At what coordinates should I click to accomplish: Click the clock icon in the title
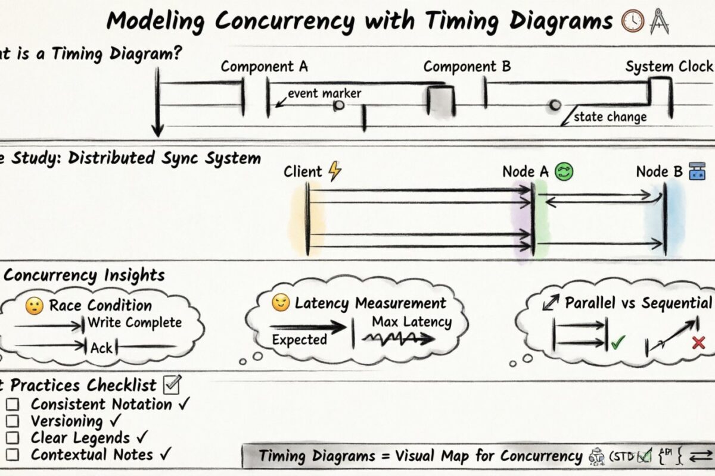(631, 21)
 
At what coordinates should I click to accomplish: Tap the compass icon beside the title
(659, 21)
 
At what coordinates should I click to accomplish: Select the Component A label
(264, 67)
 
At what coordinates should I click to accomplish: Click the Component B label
(467, 67)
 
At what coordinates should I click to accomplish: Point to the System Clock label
(669, 67)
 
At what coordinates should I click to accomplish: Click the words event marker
(324, 93)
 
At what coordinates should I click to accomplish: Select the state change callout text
(610, 117)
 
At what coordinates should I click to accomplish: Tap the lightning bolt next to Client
(335, 171)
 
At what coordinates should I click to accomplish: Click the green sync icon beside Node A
(564, 172)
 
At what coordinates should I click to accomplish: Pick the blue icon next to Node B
(697, 172)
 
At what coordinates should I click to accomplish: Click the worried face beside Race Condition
(33, 306)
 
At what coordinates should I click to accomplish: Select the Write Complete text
(135, 323)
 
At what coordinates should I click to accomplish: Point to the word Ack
(101, 347)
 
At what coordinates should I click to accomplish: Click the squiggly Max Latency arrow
(398, 339)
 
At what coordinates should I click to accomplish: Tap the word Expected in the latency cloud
(299, 340)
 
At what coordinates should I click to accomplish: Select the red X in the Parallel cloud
(698, 342)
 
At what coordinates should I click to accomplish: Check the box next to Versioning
(13, 421)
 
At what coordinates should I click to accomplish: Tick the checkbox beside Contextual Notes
(13, 455)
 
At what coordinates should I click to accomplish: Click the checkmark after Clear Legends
(141, 437)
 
